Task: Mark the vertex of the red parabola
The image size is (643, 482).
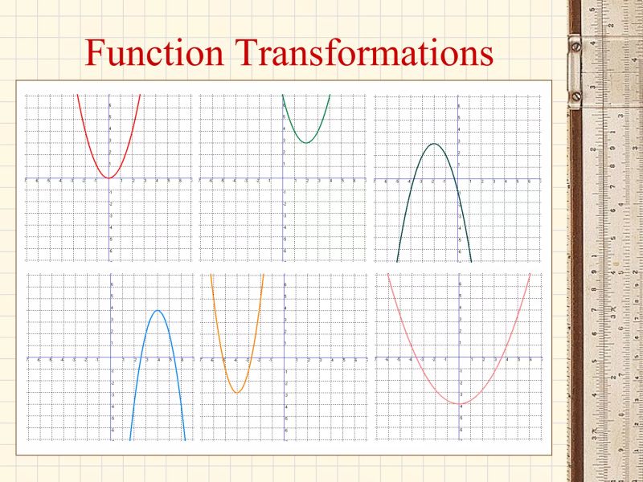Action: pyautogui.click(x=109, y=178)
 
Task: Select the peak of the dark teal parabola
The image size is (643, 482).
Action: pyautogui.click(x=434, y=144)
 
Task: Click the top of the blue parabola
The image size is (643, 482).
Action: pyautogui.click(x=158, y=311)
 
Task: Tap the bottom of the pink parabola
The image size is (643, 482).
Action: pyautogui.click(x=459, y=403)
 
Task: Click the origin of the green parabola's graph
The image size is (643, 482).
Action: pyautogui.click(x=283, y=178)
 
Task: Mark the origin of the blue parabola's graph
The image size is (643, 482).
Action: pyautogui.click(x=110, y=358)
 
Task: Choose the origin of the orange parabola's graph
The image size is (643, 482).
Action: pyautogui.click(x=285, y=358)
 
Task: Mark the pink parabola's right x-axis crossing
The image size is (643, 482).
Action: pyautogui.click(x=510, y=358)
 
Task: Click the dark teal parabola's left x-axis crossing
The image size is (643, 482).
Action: pyautogui.click(x=408, y=178)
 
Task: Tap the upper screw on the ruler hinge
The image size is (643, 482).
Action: pyautogui.click(x=575, y=45)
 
